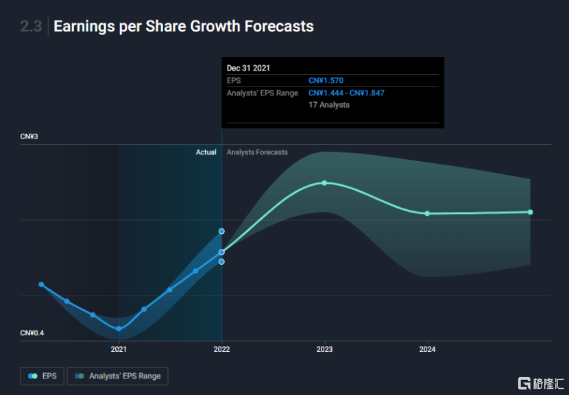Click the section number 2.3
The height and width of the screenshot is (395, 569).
[31, 27]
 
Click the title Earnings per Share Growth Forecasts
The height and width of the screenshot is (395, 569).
[183, 27]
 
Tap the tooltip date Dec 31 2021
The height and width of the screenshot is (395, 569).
[248, 68]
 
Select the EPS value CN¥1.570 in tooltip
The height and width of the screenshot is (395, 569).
[326, 81]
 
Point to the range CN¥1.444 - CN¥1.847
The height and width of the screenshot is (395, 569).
[346, 93]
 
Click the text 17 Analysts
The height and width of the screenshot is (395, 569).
[329, 105]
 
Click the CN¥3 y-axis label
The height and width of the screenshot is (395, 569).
[29, 137]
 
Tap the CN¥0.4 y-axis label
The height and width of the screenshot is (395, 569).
[32, 333]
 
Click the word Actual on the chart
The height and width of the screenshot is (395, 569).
[206, 152]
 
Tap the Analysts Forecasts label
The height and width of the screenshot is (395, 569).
[257, 152]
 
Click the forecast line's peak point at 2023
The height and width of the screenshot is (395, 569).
[324, 182]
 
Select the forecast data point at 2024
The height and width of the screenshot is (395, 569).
[427, 213]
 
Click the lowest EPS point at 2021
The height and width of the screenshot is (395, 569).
[119, 328]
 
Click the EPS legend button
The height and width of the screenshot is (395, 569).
[43, 376]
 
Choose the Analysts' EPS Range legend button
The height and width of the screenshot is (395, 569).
[117, 376]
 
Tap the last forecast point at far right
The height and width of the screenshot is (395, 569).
[530, 212]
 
